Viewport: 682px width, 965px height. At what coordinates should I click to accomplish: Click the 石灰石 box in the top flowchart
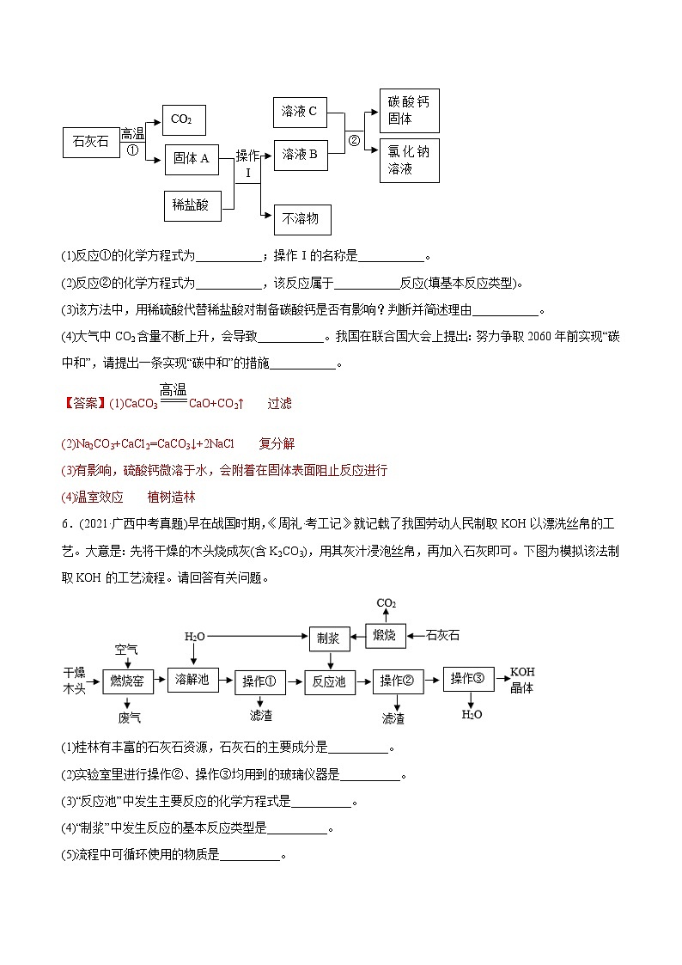(x=91, y=142)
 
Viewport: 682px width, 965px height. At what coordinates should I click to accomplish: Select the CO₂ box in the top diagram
(x=182, y=119)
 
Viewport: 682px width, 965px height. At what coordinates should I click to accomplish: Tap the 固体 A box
(x=192, y=159)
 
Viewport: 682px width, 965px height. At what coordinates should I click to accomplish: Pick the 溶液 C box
(x=301, y=110)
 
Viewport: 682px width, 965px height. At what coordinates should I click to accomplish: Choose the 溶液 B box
(x=301, y=155)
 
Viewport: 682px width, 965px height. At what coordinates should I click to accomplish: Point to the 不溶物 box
(x=301, y=219)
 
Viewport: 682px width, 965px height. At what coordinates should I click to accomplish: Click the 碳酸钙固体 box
(x=409, y=110)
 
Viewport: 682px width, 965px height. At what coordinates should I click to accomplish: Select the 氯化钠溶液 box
(x=409, y=160)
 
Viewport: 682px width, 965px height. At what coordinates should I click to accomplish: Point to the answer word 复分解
(x=277, y=443)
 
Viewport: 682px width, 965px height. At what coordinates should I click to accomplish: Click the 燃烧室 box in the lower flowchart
(x=133, y=681)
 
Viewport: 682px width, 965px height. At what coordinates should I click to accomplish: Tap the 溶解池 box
(x=192, y=679)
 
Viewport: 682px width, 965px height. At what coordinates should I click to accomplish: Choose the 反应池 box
(x=330, y=681)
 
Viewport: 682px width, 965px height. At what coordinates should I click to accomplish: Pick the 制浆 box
(x=330, y=638)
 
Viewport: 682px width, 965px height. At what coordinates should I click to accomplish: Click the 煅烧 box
(x=384, y=636)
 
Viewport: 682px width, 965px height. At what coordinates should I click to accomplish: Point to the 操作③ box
(x=468, y=679)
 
